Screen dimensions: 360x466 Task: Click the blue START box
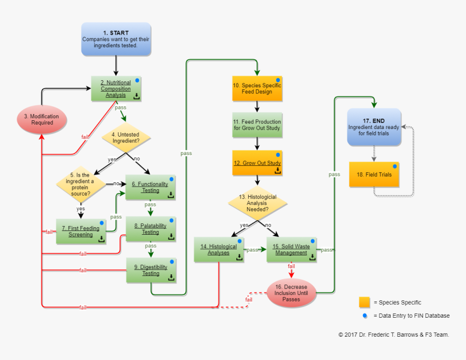[116, 39]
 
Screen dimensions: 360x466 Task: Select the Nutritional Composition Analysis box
[116, 89]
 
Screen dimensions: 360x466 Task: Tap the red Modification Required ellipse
[42, 119]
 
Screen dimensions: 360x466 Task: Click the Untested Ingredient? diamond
[126, 137]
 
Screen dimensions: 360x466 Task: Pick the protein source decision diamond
[81, 184]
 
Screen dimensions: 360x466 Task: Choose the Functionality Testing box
[151, 187]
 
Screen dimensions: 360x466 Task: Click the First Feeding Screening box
[81, 232]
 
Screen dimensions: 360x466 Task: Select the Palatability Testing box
[151, 229]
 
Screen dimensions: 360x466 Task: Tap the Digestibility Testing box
[151, 270]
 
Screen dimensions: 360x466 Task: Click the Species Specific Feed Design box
[257, 88]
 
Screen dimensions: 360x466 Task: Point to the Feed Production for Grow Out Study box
[257, 125]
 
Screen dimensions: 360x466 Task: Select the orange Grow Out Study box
[257, 163]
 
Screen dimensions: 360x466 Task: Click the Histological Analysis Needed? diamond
[257, 204]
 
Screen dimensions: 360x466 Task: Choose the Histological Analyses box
[219, 249]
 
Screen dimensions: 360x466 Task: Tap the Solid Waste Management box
[292, 249]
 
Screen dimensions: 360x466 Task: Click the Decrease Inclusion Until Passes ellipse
[292, 293]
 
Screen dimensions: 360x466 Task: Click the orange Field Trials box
[374, 175]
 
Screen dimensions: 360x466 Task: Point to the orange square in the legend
[364, 302]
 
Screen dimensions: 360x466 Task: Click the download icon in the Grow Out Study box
[277, 170]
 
